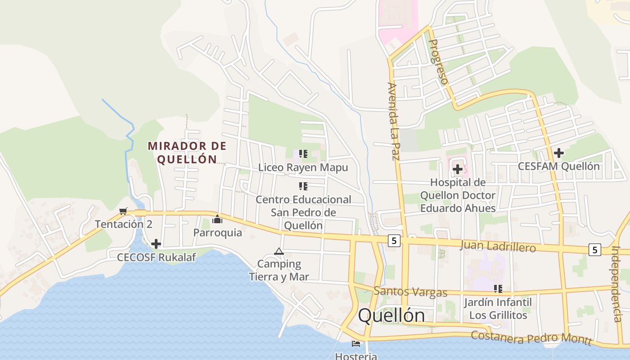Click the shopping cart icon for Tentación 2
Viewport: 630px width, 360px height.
pyautogui.click(x=123, y=211)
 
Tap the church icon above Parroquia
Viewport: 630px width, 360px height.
pyautogui.click(x=218, y=220)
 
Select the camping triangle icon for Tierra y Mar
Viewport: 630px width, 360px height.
pyautogui.click(x=279, y=251)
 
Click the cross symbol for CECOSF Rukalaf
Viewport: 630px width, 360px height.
pyautogui.click(x=156, y=244)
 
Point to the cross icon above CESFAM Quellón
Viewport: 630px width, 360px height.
pyautogui.click(x=558, y=153)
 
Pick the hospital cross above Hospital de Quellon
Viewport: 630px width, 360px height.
pyautogui.click(x=458, y=169)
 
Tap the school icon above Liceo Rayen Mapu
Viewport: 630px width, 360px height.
pyautogui.click(x=303, y=154)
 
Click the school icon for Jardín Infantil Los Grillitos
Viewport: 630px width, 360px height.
pyautogui.click(x=498, y=289)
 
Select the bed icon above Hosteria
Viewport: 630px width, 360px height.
pyautogui.click(x=356, y=344)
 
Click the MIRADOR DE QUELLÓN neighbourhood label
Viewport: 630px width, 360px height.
pyautogui.click(x=187, y=153)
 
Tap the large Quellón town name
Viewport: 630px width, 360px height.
pyautogui.click(x=391, y=316)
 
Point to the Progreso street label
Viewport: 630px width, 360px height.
pyautogui.click(x=438, y=62)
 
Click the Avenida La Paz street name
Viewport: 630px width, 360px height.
pyautogui.click(x=393, y=121)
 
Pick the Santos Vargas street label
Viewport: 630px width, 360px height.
pyautogui.click(x=410, y=292)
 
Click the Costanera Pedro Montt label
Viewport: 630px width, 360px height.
pyautogui.click(x=531, y=337)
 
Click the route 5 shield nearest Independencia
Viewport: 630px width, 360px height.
pyautogui.click(x=595, y=249)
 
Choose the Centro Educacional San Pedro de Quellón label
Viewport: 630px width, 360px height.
pyautogui.click(x=303, y=212)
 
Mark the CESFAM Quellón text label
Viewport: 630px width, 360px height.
pyautogui.click(x=558, y=166)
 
